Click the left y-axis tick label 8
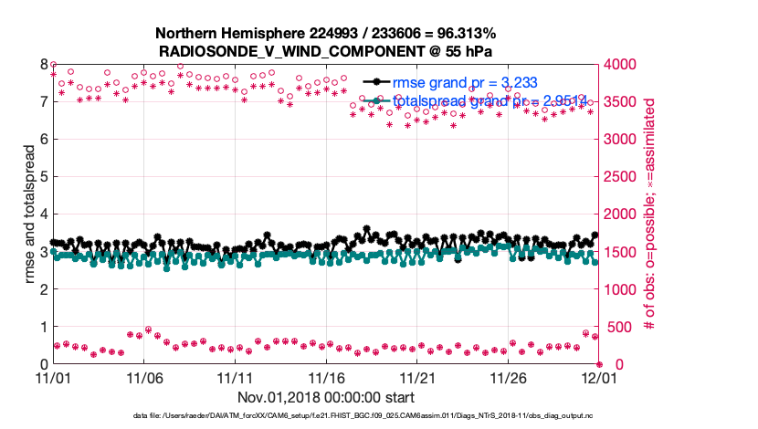click(x=42, y=65)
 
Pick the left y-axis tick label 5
click(x=42, y=177)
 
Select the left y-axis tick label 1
click(x=42, y=327)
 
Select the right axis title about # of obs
click(x=650, y=214)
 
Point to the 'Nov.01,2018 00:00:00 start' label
click(x=326, y=397)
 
